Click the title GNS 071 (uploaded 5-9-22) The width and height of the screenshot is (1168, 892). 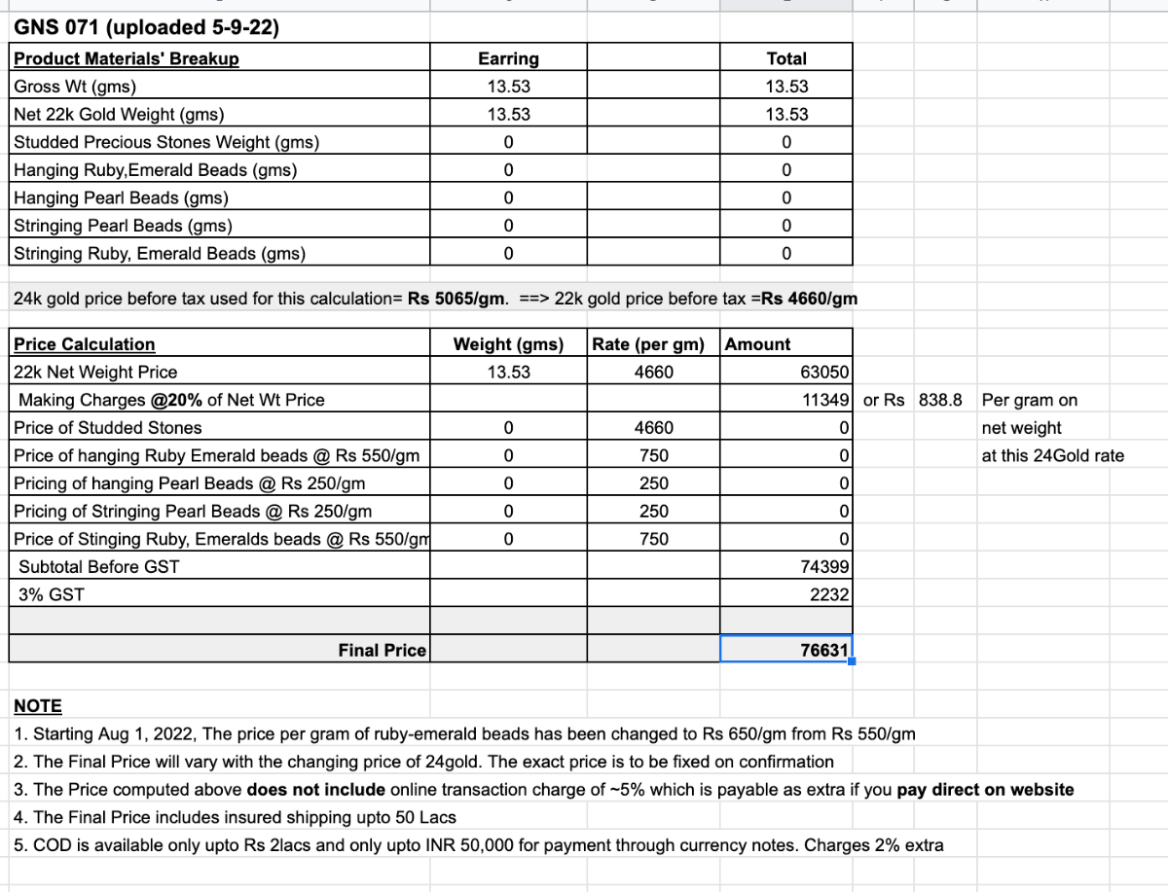[147, 28]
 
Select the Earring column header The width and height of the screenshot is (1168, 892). [508, 59]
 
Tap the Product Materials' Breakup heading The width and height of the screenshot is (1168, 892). [127, 59]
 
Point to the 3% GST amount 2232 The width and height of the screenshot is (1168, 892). [829, 594]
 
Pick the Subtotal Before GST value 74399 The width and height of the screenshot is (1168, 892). [825, 567]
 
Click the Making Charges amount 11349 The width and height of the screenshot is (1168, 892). [825, 400]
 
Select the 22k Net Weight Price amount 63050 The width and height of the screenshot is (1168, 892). [825, 373]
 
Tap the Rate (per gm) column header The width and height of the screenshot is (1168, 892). [653, 344]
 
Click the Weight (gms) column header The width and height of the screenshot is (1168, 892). [508, 344]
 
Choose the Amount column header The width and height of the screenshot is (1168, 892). [758, 344]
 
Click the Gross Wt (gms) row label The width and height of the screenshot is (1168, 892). [75, 87]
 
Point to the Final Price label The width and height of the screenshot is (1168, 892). [382, 651]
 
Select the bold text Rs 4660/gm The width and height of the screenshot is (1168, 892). [809, 299]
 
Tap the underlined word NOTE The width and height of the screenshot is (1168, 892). [38, 706]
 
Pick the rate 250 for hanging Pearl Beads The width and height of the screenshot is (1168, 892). [654, 483]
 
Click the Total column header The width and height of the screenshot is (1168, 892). [786, 59]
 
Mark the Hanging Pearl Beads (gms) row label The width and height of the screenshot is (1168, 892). [122, 198]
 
